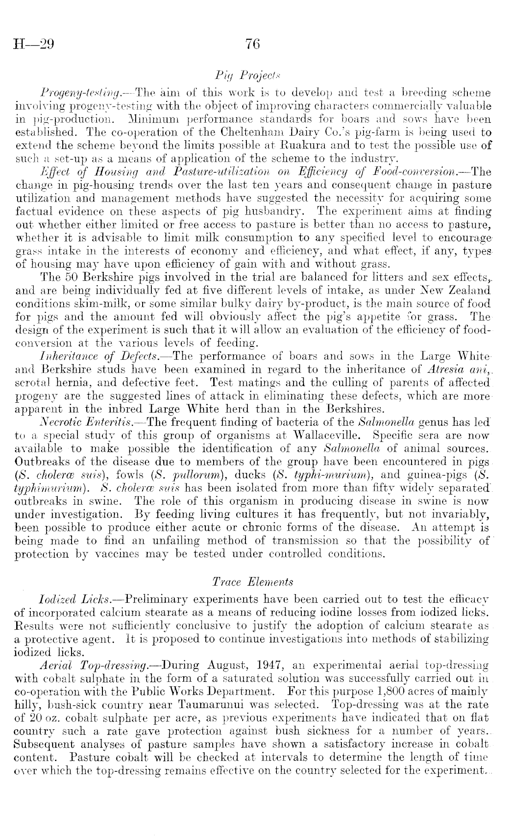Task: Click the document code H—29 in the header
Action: coord(35,45)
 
